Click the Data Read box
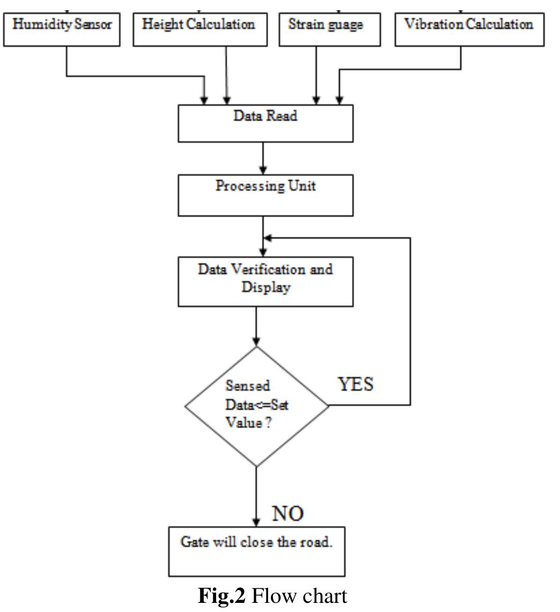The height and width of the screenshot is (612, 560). [265, 123]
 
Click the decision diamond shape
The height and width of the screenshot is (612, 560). [256, 406]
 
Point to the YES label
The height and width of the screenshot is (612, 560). [355, 385]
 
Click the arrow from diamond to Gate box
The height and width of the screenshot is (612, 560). [256, 495]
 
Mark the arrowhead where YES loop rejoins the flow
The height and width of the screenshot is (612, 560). [268, 238]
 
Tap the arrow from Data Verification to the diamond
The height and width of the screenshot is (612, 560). [256, 326]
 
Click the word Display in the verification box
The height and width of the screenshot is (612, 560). [265, 288]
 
